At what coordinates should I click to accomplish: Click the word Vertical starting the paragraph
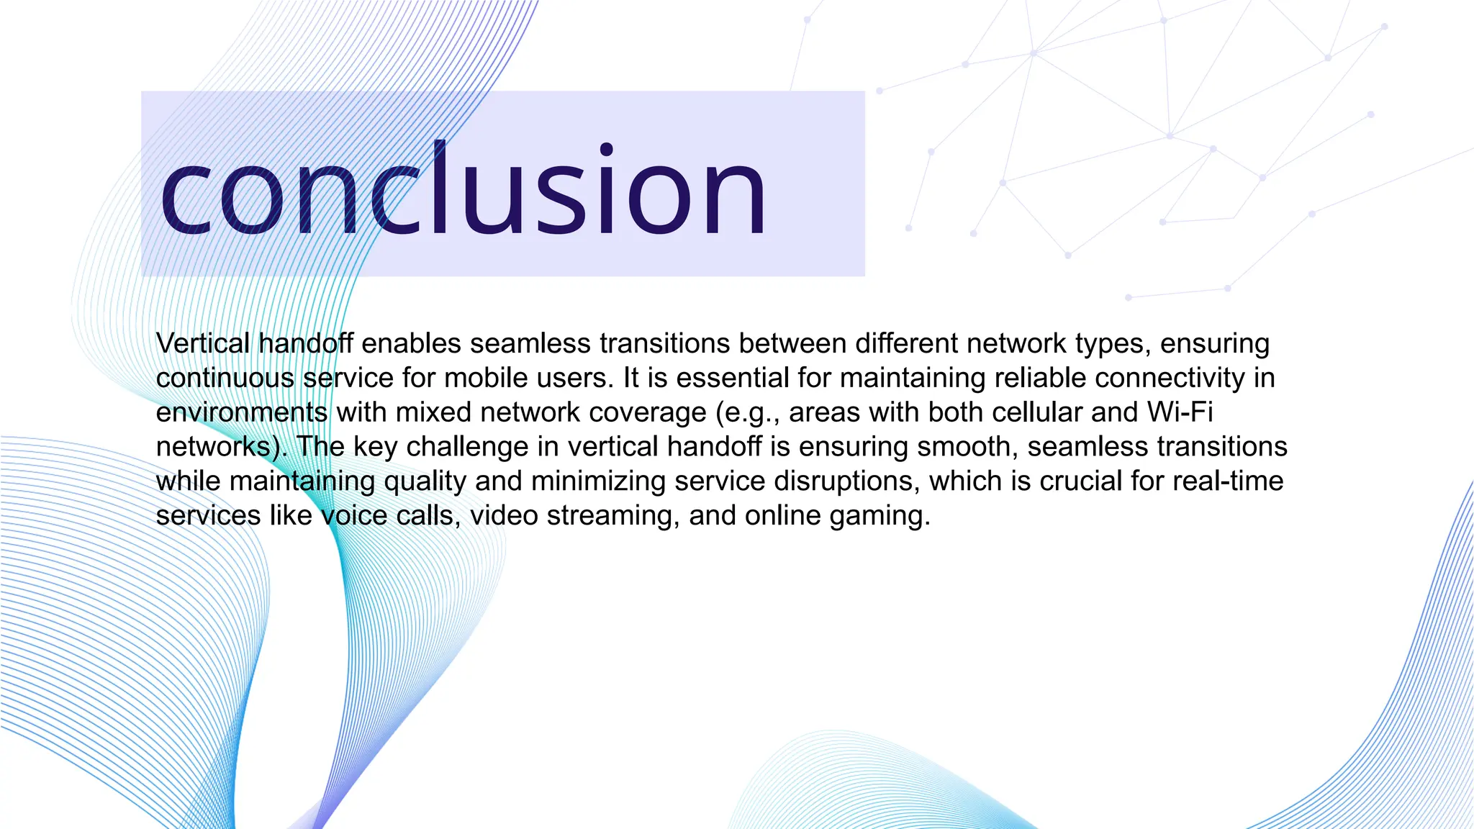click(202, 343)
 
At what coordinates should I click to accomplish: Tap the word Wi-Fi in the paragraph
click(1180, 412)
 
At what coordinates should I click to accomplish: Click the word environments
click(242, 412)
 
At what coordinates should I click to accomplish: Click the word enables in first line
click(411, 343)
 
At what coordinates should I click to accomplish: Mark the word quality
click(425, 481)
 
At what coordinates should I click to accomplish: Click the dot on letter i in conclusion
click(607, 149)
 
